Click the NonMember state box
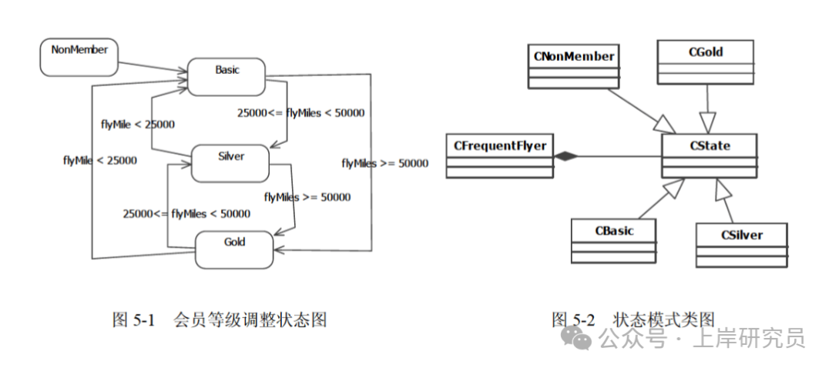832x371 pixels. (x=79, y=58)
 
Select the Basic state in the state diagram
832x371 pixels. (x=226, y=76)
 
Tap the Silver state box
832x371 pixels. (x=230, y=162)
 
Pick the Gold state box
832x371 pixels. (x=234, y=249)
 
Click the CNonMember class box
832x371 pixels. (x=574, y=66)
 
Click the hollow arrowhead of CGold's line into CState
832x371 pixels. (x=708, y=121)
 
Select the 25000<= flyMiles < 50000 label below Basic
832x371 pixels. (x=300, y=112)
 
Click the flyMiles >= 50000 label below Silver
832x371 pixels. (x=307, y=197)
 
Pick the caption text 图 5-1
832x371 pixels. (x=135, y=319)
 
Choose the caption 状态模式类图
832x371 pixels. (x=664, y=319)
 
